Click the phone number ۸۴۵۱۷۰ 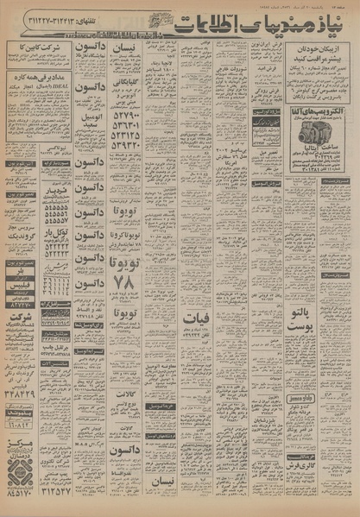tap(18, 495)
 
